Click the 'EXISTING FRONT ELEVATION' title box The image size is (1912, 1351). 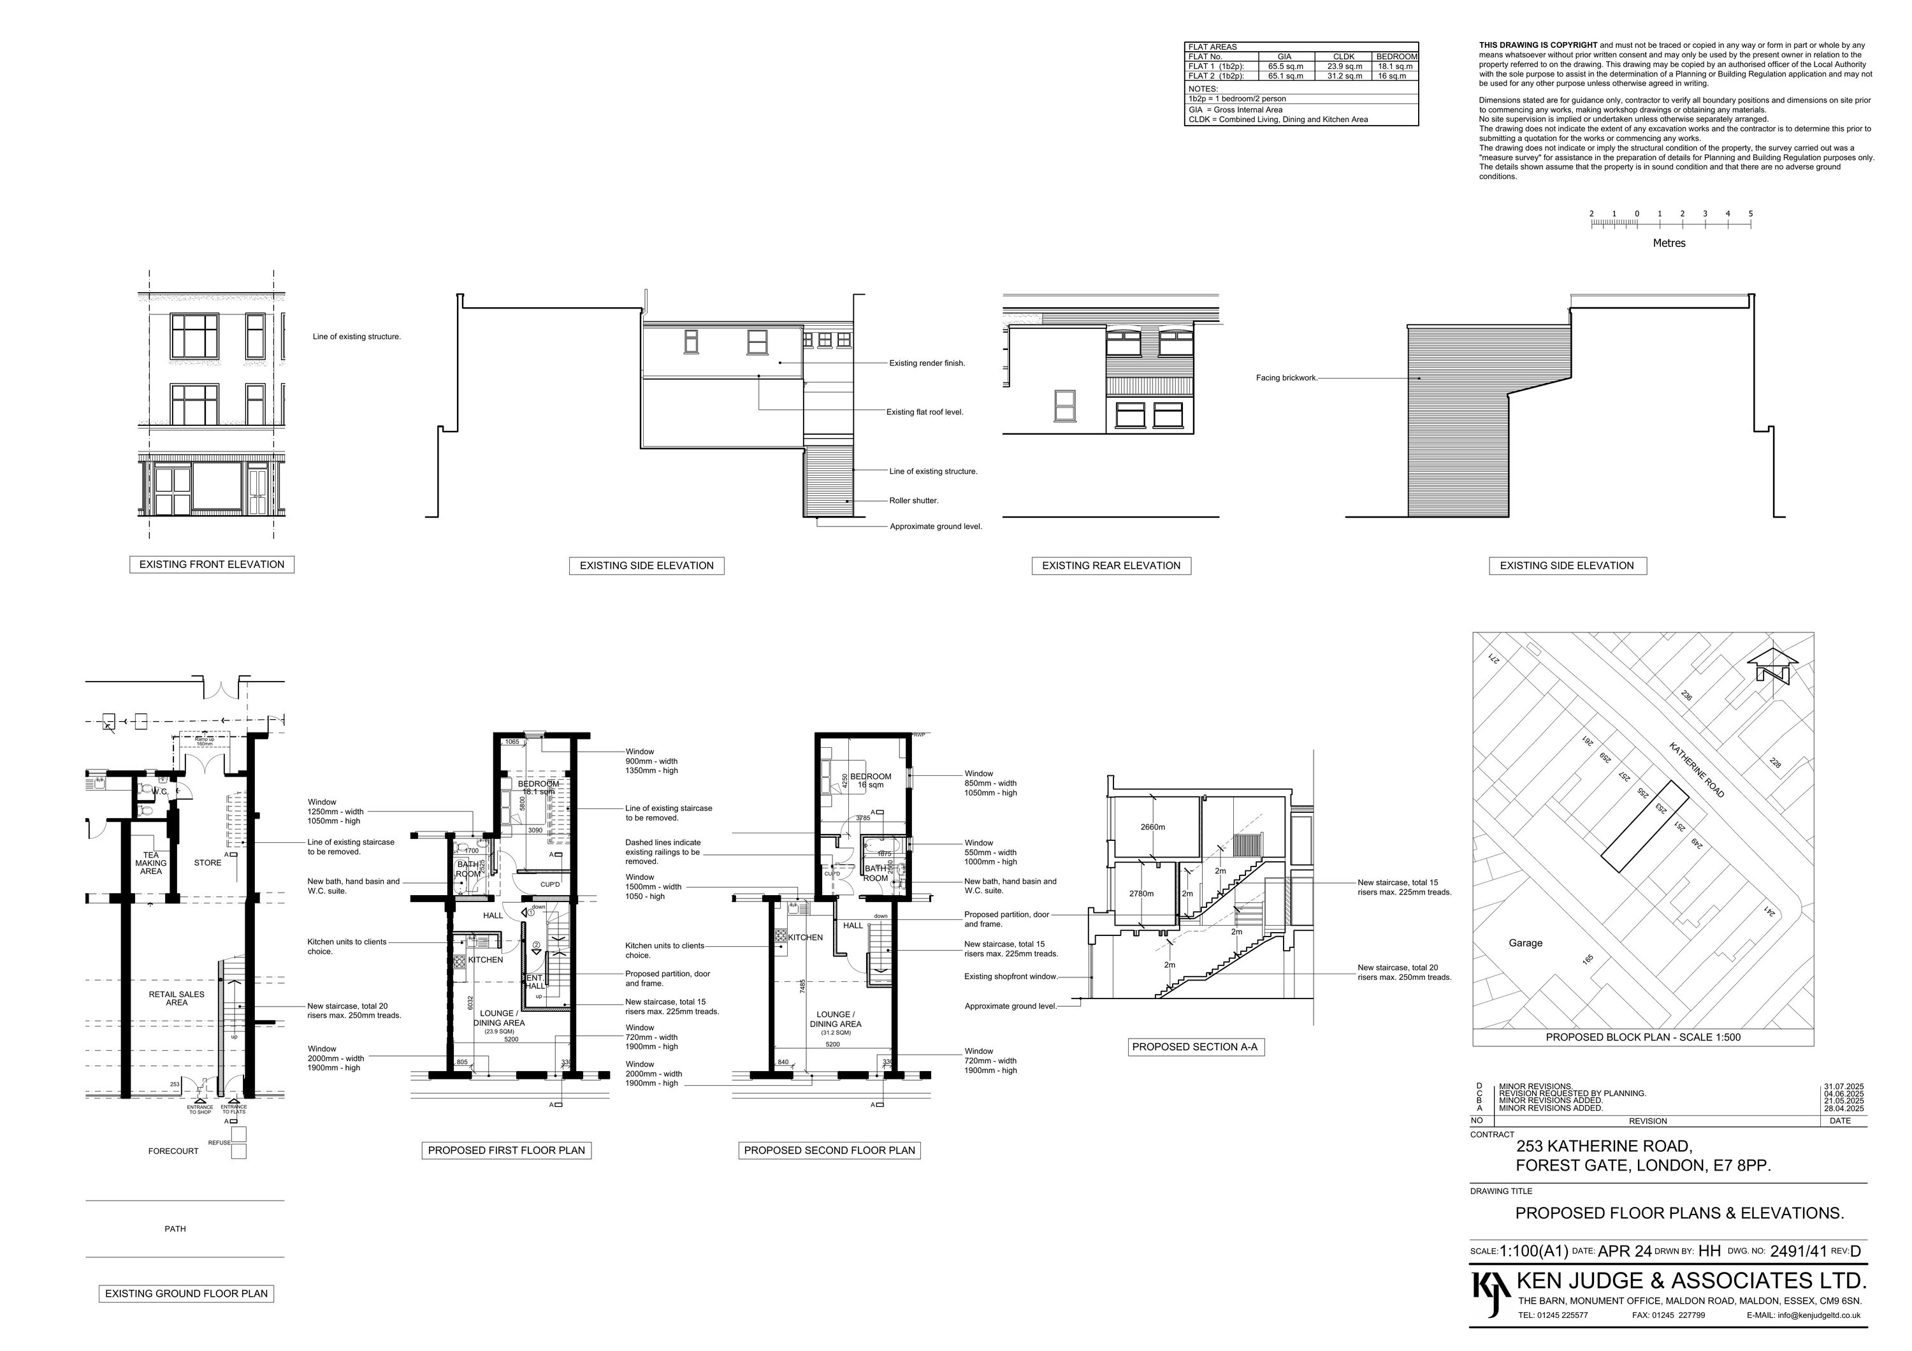click(212, 565)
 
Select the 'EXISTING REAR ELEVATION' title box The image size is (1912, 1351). click(1111, 566)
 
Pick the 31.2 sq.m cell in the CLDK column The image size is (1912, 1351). click(1344, 76)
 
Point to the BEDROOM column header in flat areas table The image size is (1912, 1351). click(1396, 57)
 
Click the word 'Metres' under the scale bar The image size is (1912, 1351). click(1669, 243)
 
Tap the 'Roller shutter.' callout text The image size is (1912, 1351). click(913, 500)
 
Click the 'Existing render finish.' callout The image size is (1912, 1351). click(927, 363)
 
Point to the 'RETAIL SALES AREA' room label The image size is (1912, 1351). click(177, 998)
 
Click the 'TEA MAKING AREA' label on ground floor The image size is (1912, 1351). click(150, 863)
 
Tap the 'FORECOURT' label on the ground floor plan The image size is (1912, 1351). click(173, 1151)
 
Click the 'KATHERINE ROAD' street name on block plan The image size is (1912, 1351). click(1697, 770)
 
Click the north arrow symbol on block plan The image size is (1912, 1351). click(1771, 667)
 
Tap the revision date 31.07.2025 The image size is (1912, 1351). click(1844, 1086)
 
